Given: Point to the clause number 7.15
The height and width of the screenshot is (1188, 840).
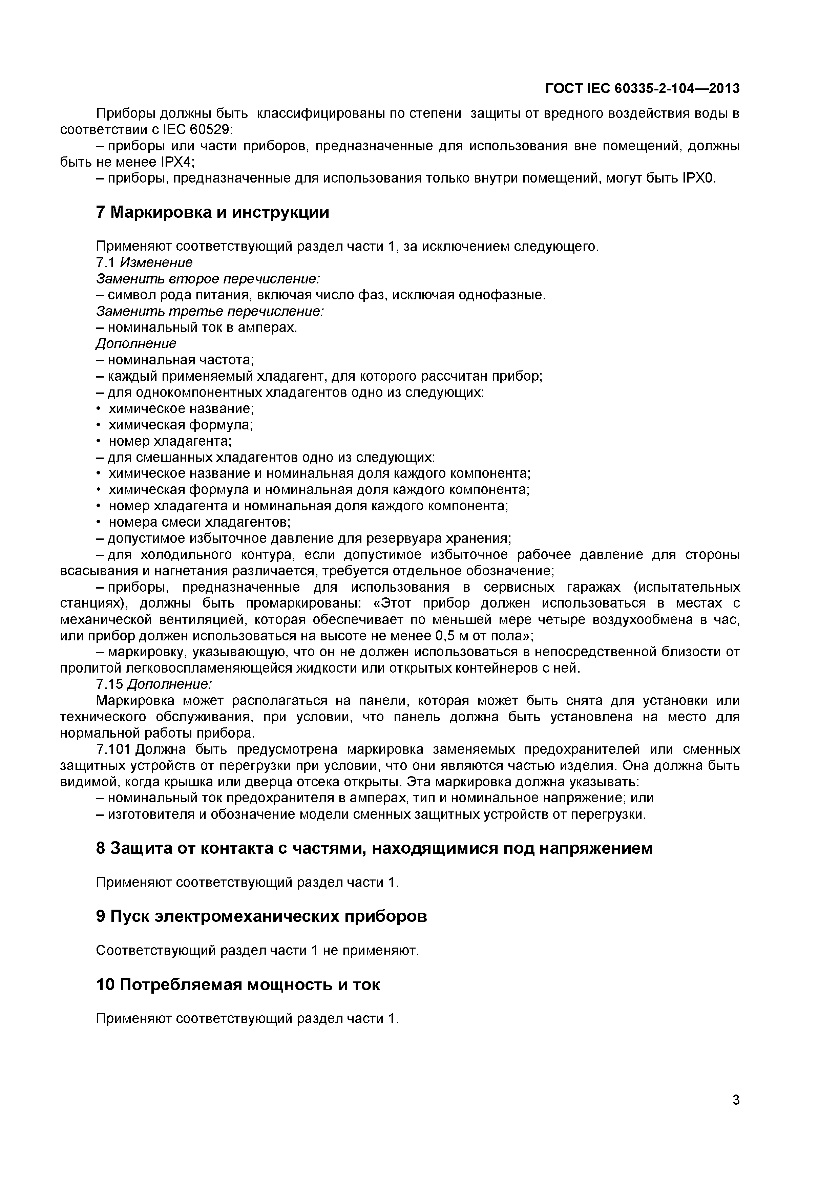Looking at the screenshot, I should click(110, 684).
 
